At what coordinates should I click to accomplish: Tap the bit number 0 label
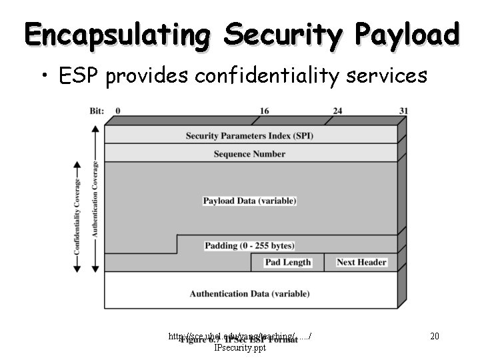pyautogui.click(x=118, y=111)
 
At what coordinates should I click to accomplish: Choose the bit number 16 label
pyautogui.click(x=264, y=111)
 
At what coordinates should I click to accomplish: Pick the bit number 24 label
pyautogui.click(x=337, y=111)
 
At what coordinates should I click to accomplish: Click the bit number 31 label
pyautogui.click(x=403, y=111)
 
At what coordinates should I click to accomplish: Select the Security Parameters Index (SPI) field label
pyautogui.click(x=249, y=135)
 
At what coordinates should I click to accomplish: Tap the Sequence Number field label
pyautogui.click(x=249, y=154)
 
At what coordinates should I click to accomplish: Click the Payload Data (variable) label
pyautogui.click(x=249, y=201)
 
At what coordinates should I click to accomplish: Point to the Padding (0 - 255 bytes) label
pyautogui.click(x=249, y=245)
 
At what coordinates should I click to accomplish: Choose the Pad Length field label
pyautogui.click(x=288, y=262)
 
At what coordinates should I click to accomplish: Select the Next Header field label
pyautogui.click(x=361, y=262)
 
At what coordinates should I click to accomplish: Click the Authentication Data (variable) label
pyautogui.click(x=249, y=293)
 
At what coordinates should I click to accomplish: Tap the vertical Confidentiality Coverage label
pyautogui.click(x=77, y=217)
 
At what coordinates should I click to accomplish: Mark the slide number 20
pyautogui.click(x=434, y=336)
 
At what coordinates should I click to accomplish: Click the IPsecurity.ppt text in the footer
pyautogui.click(x=240, y=347)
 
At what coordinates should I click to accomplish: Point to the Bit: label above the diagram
pyautogui.click(x=97, y=111)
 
